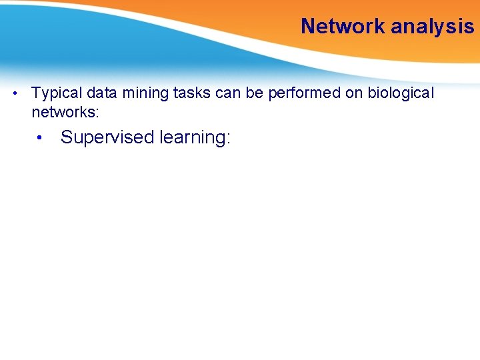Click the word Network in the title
point(343,26)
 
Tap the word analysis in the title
point(433,26)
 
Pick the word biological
point(400,93)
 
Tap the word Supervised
point(107,138)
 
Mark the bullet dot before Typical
point(15,93)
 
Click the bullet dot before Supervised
point(41,138)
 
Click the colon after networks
point(97,111)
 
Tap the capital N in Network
point(307,26)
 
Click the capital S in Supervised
point(66,138)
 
